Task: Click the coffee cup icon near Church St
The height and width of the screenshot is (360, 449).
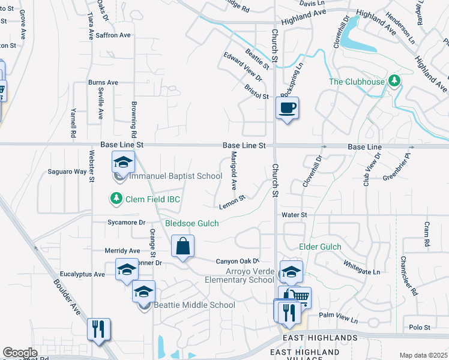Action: [287, 108]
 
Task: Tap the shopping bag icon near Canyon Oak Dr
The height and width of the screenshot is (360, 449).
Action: [182, 246]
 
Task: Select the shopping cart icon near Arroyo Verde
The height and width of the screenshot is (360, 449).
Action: [299, 296]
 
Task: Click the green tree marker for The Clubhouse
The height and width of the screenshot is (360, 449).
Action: [394, 80]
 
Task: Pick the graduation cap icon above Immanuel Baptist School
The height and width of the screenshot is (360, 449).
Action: [123, 162]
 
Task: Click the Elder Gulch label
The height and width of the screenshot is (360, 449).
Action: [320, 247]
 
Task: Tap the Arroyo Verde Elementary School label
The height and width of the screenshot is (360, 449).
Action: [239, 275]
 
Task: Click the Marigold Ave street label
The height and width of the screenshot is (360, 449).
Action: [234, 170]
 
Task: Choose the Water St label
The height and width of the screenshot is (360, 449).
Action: [294, 214]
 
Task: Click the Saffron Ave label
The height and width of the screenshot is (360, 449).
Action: [113, 35]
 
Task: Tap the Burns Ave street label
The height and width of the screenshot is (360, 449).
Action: [103, 82]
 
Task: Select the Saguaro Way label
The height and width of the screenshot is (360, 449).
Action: [67, 172]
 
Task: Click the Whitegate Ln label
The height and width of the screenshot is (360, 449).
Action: [362, 268]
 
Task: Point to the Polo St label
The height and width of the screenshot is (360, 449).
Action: [420, 327]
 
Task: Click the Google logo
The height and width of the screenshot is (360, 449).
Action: [20, 353]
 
